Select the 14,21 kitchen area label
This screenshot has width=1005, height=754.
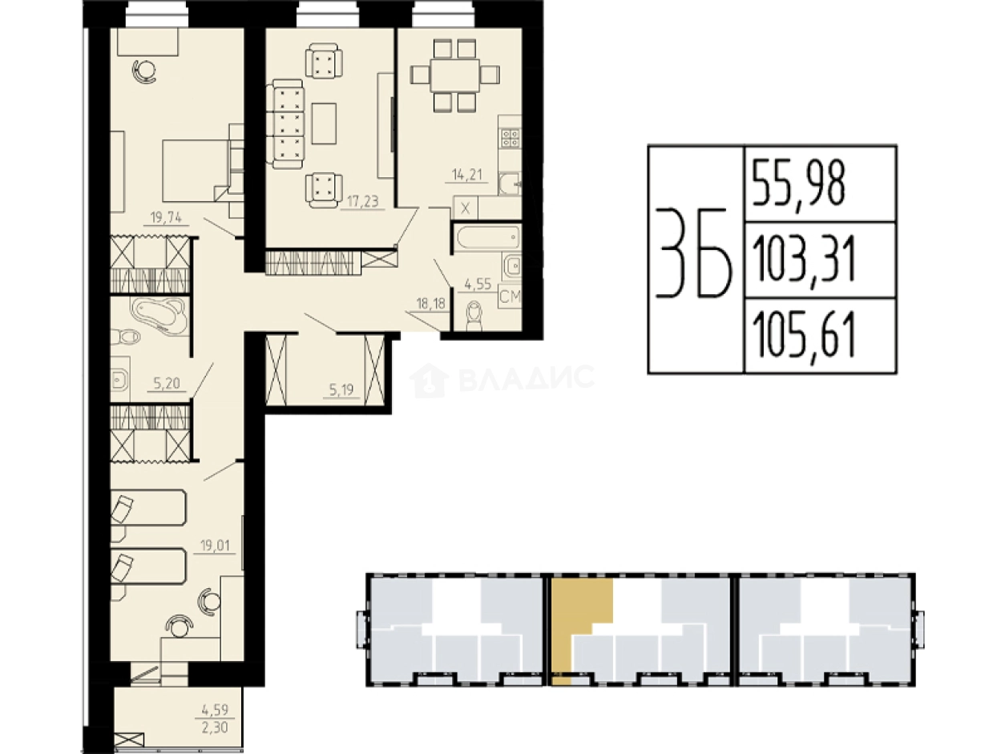pyautogui.click(x=467, y=175)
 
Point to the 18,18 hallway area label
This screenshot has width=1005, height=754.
pyautogui.click(x=430, y=303)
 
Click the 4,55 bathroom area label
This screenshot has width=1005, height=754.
pyautogui.click(x=478, y=284)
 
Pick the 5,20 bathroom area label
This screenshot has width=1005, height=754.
pyautogui.click(x=167, y=383)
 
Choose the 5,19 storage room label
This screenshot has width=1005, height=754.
pyautogui.click(x=341, y=390)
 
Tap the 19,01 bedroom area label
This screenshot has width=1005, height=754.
pyautogui.click(x=215, y=545)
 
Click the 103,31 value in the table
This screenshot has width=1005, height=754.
pyautogui.click(x=804, y=261)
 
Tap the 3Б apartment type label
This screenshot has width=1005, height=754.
pyautogui.click(x=694, y=259)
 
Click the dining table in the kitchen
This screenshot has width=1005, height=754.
pyautogui.click(x=454, y=75)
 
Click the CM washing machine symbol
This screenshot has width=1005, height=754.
pyautogui.click(x=510, y=296)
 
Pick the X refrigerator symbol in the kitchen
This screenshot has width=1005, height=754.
pyautogui.click(x=465, y=209)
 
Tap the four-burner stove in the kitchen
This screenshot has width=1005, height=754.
pyautogui.click(x=511, y=139)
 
